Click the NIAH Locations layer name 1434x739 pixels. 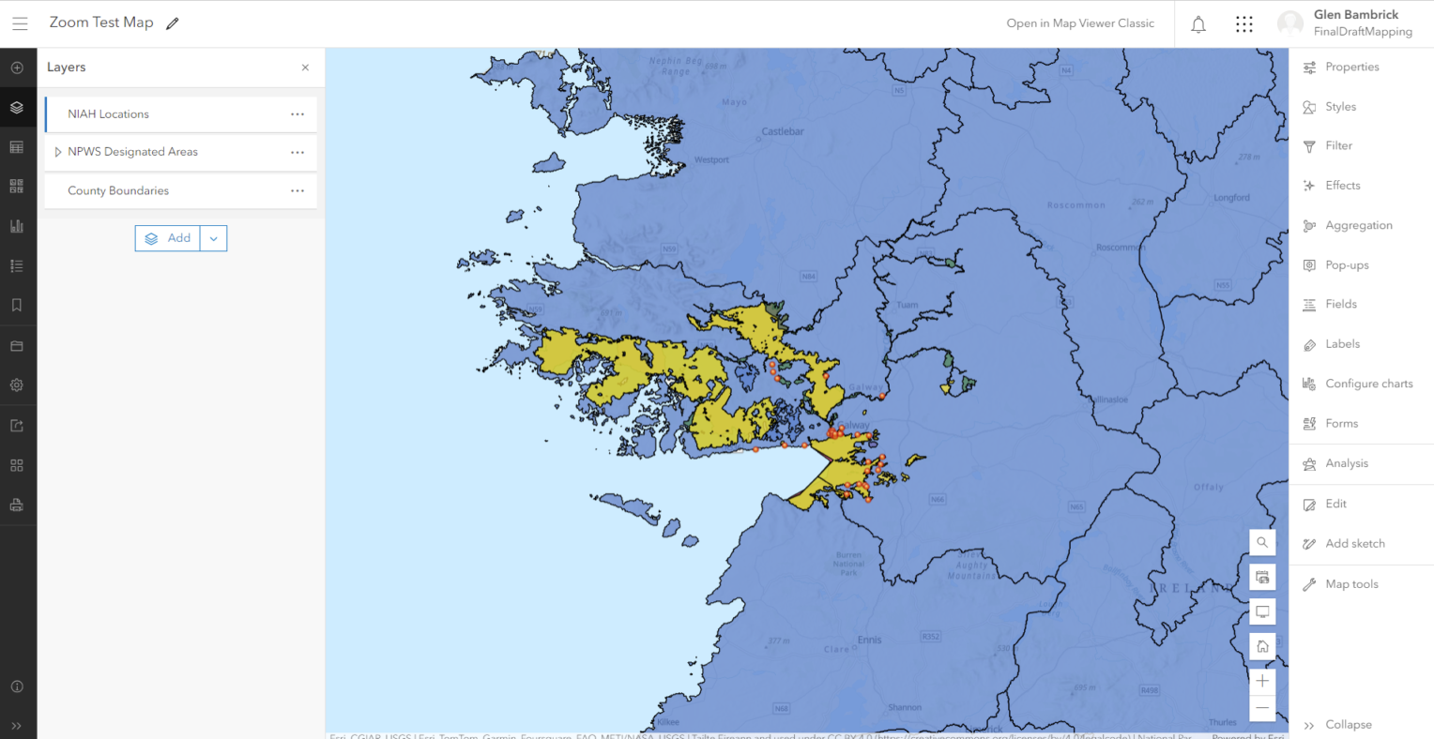(108, 114)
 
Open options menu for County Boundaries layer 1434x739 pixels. (297, 190)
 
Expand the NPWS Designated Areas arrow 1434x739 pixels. (58, 152)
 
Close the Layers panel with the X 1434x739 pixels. (305, 68)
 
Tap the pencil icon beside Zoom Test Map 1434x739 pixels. (173, 23)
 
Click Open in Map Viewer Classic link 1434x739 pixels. (1080, 23)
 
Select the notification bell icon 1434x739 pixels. (1198, 24)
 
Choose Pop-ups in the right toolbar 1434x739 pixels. (1347, 265)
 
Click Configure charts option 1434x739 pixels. (1368, 384)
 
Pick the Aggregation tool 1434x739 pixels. (1358, 226)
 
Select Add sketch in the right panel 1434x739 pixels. (1354, 544)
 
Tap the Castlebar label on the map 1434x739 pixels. (783, 132)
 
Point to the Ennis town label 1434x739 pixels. (869, 640)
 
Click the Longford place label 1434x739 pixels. (1231, 198)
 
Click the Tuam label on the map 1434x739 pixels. (908, 305)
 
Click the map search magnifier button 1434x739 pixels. (1262, 542)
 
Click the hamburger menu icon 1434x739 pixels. (20, 23)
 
